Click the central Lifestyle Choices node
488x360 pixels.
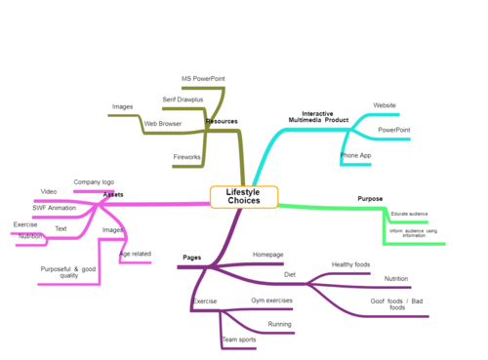coord(244,197)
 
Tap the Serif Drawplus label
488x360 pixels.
coord(183,100)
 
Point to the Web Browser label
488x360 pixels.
coord(163,124)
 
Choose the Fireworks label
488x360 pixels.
coord(187,156)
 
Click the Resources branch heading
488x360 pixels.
coord(222,122)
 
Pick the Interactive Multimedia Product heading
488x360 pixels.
coord(318,117)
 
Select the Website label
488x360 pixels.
coord(385,104)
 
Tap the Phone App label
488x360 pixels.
coord(355,155)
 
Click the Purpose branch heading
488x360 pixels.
coord(370,199)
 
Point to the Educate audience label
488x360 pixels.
coord(409,213)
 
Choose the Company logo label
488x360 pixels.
coord(94,182)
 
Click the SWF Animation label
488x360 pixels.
coord(54,208)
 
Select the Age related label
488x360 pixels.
coord(136,254)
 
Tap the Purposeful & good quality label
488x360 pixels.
coord(68,272)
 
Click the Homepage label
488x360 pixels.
coord(268,254)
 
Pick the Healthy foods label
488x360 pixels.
coord(350,264)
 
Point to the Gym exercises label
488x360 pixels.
coord(271,300)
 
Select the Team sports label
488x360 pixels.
coord(239,340)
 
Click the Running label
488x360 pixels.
coord(280,324)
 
